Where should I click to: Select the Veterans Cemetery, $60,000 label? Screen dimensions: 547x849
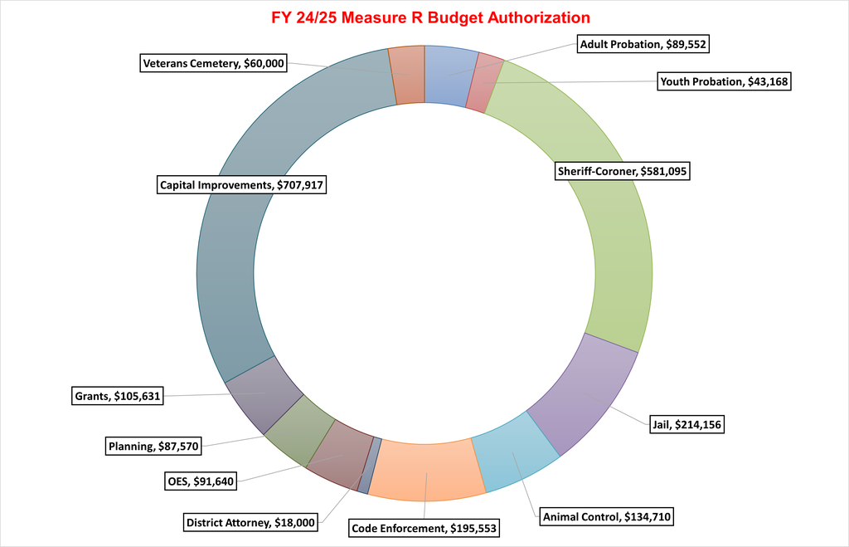point(214,63)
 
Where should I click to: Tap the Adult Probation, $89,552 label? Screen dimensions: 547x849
point(643,45)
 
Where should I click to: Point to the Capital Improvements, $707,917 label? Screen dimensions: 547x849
point(242,185)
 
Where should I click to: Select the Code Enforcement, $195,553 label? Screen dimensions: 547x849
point(426,527)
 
